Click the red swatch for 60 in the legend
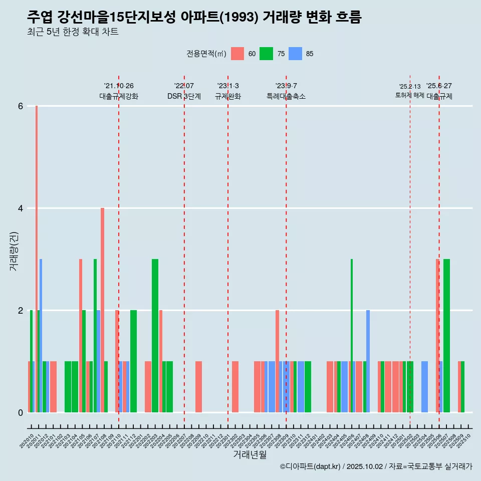pos(237,54)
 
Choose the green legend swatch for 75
pos(266,54)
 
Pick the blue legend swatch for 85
pos(296,54)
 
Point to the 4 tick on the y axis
pos(21,208)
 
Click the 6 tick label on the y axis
pos(21,106)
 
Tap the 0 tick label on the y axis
pos(21,413)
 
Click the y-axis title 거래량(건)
pos(14,251)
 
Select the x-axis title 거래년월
pos(250,454)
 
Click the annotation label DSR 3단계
pos(184,96)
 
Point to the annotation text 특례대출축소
pos(286,96)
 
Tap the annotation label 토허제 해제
pos(409,95)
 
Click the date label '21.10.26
pos(119,86)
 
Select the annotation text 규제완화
pos(228,96)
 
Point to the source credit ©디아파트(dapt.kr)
pos(311,466)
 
